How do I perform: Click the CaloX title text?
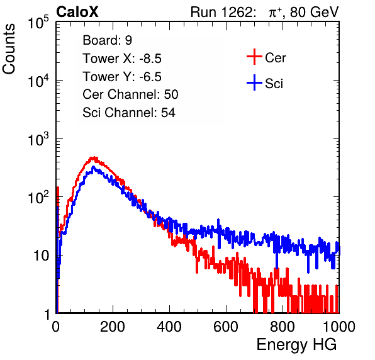click(x=77, y=12)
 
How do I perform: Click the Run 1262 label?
click(x=221, y=12)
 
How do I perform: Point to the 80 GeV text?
click(x=315, y=12)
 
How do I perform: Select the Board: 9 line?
click(x=107, y=40)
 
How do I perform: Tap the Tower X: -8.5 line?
click(x=122, y=59)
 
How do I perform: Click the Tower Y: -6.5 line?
click(x=122, y=77)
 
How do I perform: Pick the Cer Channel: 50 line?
click(x=130, y=94)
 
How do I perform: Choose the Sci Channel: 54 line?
click(x=129, y=113)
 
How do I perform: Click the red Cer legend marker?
click(x=254, y=57)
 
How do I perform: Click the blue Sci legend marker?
click(x=254, y=82)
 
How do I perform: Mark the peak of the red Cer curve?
click(x=94, y=157)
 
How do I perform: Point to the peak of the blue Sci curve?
click(x=93, y=167)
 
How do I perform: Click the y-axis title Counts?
click(x=9, y=49)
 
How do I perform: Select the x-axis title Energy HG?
click(x=296, y=345)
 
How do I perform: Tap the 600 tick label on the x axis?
click(x=226, y=327)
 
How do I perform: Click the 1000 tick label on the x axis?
click(x=339, y=327)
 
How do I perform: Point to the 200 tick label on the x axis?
click(x=113, y=327)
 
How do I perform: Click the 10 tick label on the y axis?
click(x=42, y=256)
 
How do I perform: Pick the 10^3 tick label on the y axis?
click(x=38, y=139)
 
